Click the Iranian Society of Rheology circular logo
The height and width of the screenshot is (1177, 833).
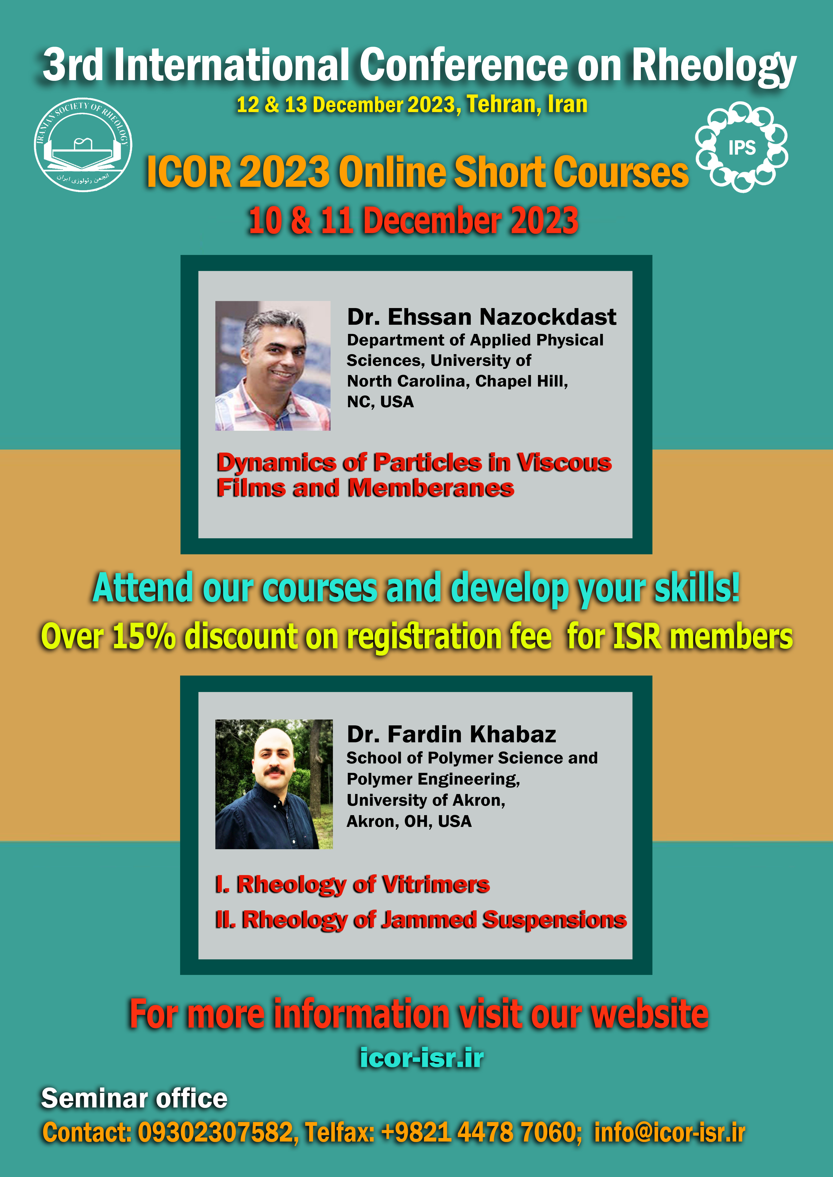coord(83,145)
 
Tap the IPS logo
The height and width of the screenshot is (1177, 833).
coord(742,147)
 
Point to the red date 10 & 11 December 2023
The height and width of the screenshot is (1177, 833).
coord(413,220)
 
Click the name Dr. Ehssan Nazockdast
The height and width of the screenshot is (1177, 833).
coord(482,317)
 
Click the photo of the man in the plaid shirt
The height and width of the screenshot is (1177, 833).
coord(273,365)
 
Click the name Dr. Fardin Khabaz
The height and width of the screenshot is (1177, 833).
coord(451,734)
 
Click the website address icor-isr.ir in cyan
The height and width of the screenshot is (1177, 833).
coord(422,1058)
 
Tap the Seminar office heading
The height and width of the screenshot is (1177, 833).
coord(134,1099)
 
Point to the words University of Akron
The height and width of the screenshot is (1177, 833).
coord(426,800)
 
